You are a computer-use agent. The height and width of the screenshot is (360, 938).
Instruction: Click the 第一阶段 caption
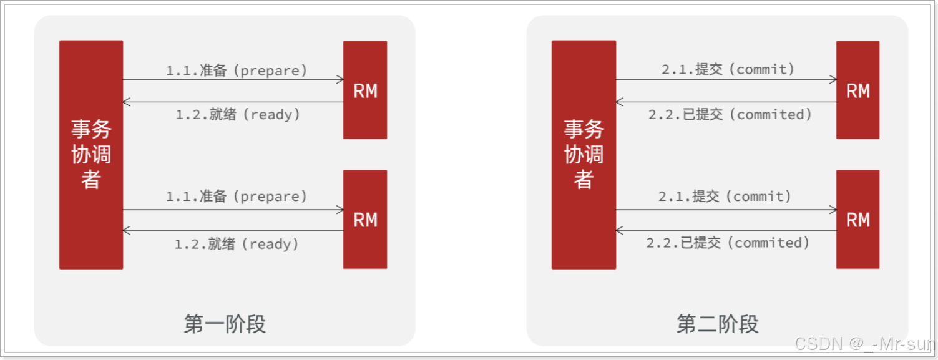click(x=225, y=324)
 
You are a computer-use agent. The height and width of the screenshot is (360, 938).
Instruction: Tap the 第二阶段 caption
click(x=717, y=324)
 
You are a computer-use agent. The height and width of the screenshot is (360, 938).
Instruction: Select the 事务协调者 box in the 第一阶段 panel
click(x=91, y=155)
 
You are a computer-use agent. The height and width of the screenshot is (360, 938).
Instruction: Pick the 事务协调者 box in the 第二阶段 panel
click(x=584, y=155)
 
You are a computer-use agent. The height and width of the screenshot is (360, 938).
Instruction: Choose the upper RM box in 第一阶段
click(x=365, y=90)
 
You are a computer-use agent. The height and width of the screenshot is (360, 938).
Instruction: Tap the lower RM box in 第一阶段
click(x=365, y=219)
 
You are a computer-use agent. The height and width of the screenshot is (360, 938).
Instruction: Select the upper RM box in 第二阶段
click(x=857, y=90)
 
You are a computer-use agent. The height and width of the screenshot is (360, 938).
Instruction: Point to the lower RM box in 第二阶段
click(x=857, y=219)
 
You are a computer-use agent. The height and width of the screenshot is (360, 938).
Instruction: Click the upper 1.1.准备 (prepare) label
click(x=237, y=71)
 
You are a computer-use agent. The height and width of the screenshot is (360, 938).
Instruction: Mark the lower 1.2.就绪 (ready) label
click(x=237, y=244)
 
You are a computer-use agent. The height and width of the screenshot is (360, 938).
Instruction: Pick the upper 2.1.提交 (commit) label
click(x=728, y=69)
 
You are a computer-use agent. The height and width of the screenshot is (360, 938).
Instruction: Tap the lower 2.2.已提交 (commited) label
click(x=728, y=243)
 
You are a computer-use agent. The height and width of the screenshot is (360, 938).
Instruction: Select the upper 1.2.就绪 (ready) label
click(x=238, y=115)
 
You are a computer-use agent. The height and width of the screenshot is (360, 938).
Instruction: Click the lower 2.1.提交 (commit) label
click(x=725, y=197)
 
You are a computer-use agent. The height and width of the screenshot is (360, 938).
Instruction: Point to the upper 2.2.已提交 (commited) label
click(x=730, y=115)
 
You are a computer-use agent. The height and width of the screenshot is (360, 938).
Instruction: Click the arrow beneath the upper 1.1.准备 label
click(x=233, y=80)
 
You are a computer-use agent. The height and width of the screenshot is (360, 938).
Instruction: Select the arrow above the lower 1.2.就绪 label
click(x=233, y=231)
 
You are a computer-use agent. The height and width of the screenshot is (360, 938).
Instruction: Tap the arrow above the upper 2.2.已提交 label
click(x=726, y=102)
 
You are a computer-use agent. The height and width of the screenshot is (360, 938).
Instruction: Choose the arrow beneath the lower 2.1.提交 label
click(x=726, y=210)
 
